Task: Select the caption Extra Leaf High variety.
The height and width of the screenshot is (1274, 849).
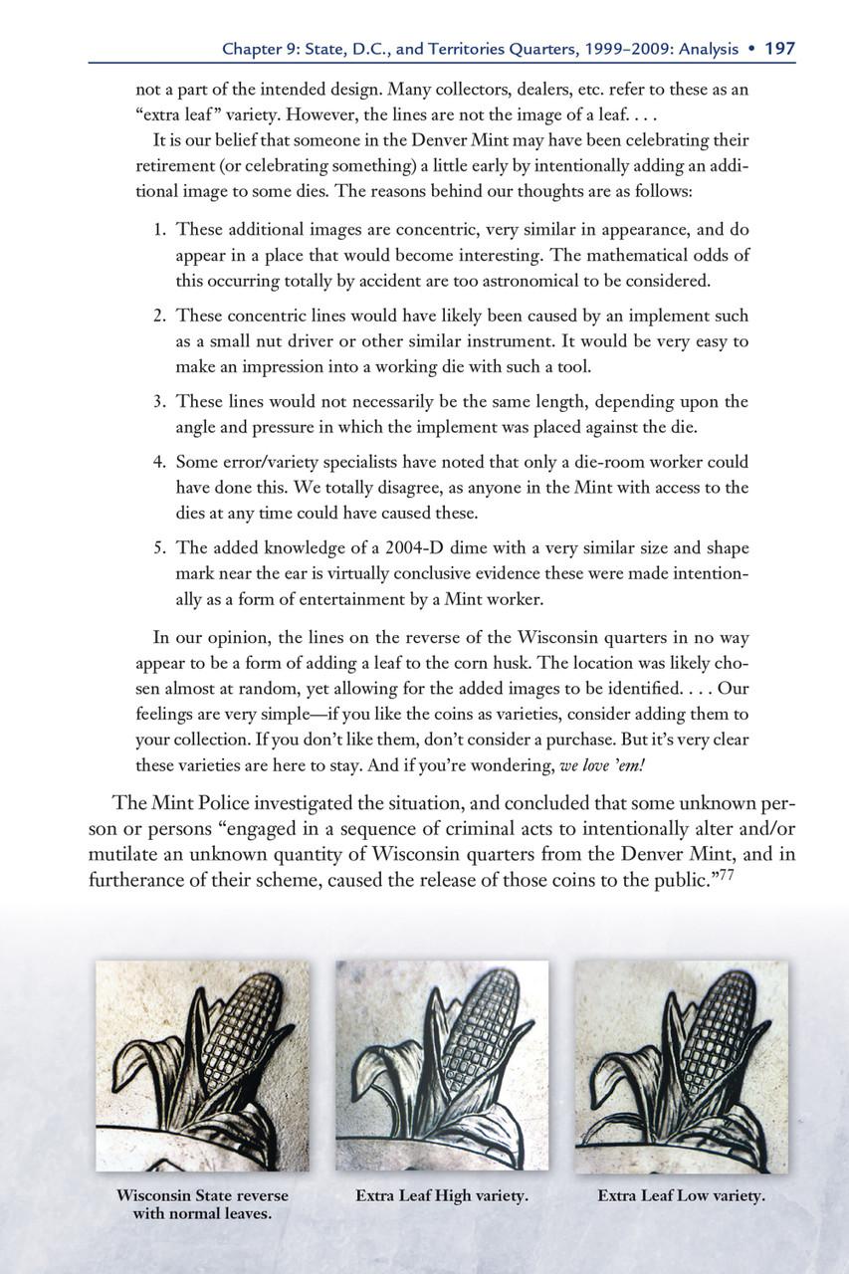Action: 441,1195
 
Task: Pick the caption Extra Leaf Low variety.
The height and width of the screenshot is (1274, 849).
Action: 681,1195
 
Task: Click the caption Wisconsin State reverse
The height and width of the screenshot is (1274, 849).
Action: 202,1195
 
